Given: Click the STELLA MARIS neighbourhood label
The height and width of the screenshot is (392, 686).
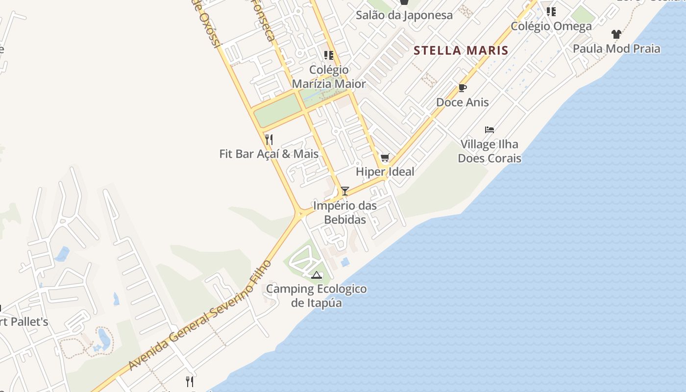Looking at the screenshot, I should pos(461,50).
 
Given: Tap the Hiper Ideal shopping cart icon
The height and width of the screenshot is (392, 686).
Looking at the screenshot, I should pos(385,158).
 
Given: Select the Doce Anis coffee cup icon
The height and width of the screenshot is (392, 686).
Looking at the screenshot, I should pos(462,88).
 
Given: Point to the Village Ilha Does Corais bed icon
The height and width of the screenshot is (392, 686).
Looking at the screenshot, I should pos(490,130).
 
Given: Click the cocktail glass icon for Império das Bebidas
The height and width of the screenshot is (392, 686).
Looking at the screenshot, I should pos(345,191).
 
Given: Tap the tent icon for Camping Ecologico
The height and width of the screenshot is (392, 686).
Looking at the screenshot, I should pos(317,275).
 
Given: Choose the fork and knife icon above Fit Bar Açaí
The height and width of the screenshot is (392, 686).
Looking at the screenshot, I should pos(269,140).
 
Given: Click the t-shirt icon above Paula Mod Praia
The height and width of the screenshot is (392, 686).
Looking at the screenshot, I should pos(616,34).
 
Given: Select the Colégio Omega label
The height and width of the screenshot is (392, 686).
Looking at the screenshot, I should pos(551,26).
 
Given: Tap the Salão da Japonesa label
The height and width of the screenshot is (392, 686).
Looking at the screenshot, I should pos(404,15).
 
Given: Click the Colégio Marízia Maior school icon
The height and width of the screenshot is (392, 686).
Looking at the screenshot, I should pos(329,55).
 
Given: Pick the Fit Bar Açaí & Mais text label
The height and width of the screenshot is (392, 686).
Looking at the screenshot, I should pos(269,154).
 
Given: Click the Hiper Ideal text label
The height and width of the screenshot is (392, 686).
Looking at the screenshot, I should pos(385,171).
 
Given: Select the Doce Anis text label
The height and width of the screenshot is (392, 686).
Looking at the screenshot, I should pos(463,102).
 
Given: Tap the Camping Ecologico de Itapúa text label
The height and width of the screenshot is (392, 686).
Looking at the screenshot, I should pos(317,295).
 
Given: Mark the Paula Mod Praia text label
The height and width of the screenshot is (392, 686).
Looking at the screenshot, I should pos(616,49).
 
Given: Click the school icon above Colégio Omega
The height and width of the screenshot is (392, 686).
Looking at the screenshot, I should pos(551,11).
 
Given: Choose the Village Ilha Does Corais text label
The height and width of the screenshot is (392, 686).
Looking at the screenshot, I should pos(490,151).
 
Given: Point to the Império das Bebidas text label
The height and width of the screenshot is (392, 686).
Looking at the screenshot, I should pos(345,212).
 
